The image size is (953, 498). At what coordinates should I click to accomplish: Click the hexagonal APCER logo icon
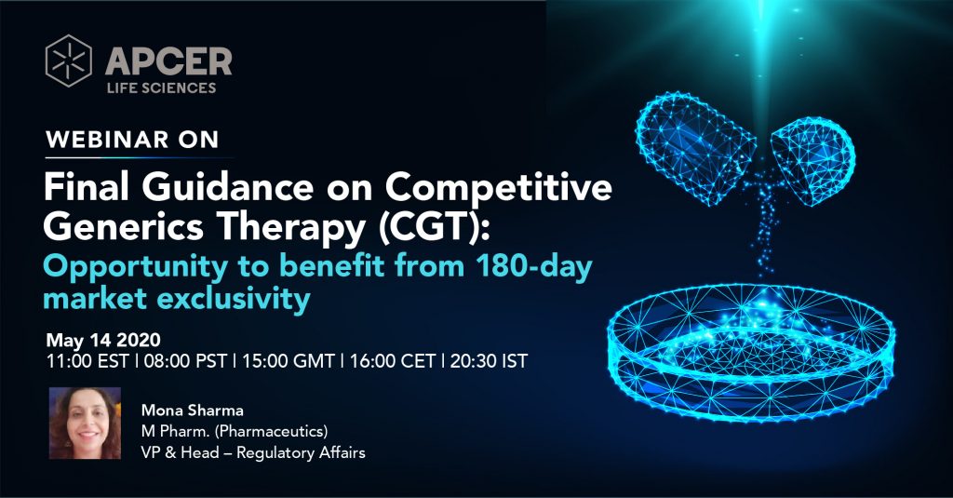[x=69, y=61]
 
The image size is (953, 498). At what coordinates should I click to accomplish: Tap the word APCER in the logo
[x=168, y=61]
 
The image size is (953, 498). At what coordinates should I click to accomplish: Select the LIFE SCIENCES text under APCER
[x=162, y=87]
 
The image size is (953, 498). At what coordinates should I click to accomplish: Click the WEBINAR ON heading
[x=132, y=140]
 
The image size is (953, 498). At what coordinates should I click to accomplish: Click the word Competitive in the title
[x=499, y=187]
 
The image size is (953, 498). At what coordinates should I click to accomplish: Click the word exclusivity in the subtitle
[x=233, y=299]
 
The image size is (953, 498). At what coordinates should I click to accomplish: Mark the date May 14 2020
[x=103, y=340]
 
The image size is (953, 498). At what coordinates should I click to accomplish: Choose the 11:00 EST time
[x=87, y=361]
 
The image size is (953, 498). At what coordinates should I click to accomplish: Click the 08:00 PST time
[x=185, y=361]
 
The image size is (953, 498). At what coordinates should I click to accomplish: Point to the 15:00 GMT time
[x=289, y=361]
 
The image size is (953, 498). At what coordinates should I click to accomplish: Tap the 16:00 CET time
[x=393, y=361]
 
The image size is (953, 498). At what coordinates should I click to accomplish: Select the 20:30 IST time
[x=489, y=361]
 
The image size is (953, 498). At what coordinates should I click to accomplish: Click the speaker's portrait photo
[x=85, y=424]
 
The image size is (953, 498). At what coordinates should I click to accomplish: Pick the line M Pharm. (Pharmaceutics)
[x=235, y=431]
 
